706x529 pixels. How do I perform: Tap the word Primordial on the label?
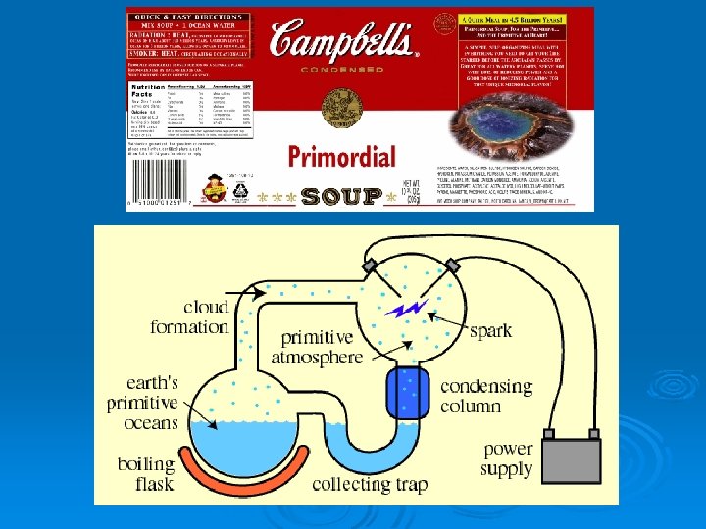tap(341, 156)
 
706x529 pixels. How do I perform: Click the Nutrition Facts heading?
tap(149, 89)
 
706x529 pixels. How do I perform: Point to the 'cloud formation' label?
tap(191, 316)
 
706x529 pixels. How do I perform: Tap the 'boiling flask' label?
tap(147, 474)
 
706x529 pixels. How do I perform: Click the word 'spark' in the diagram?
tap(490, 330)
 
